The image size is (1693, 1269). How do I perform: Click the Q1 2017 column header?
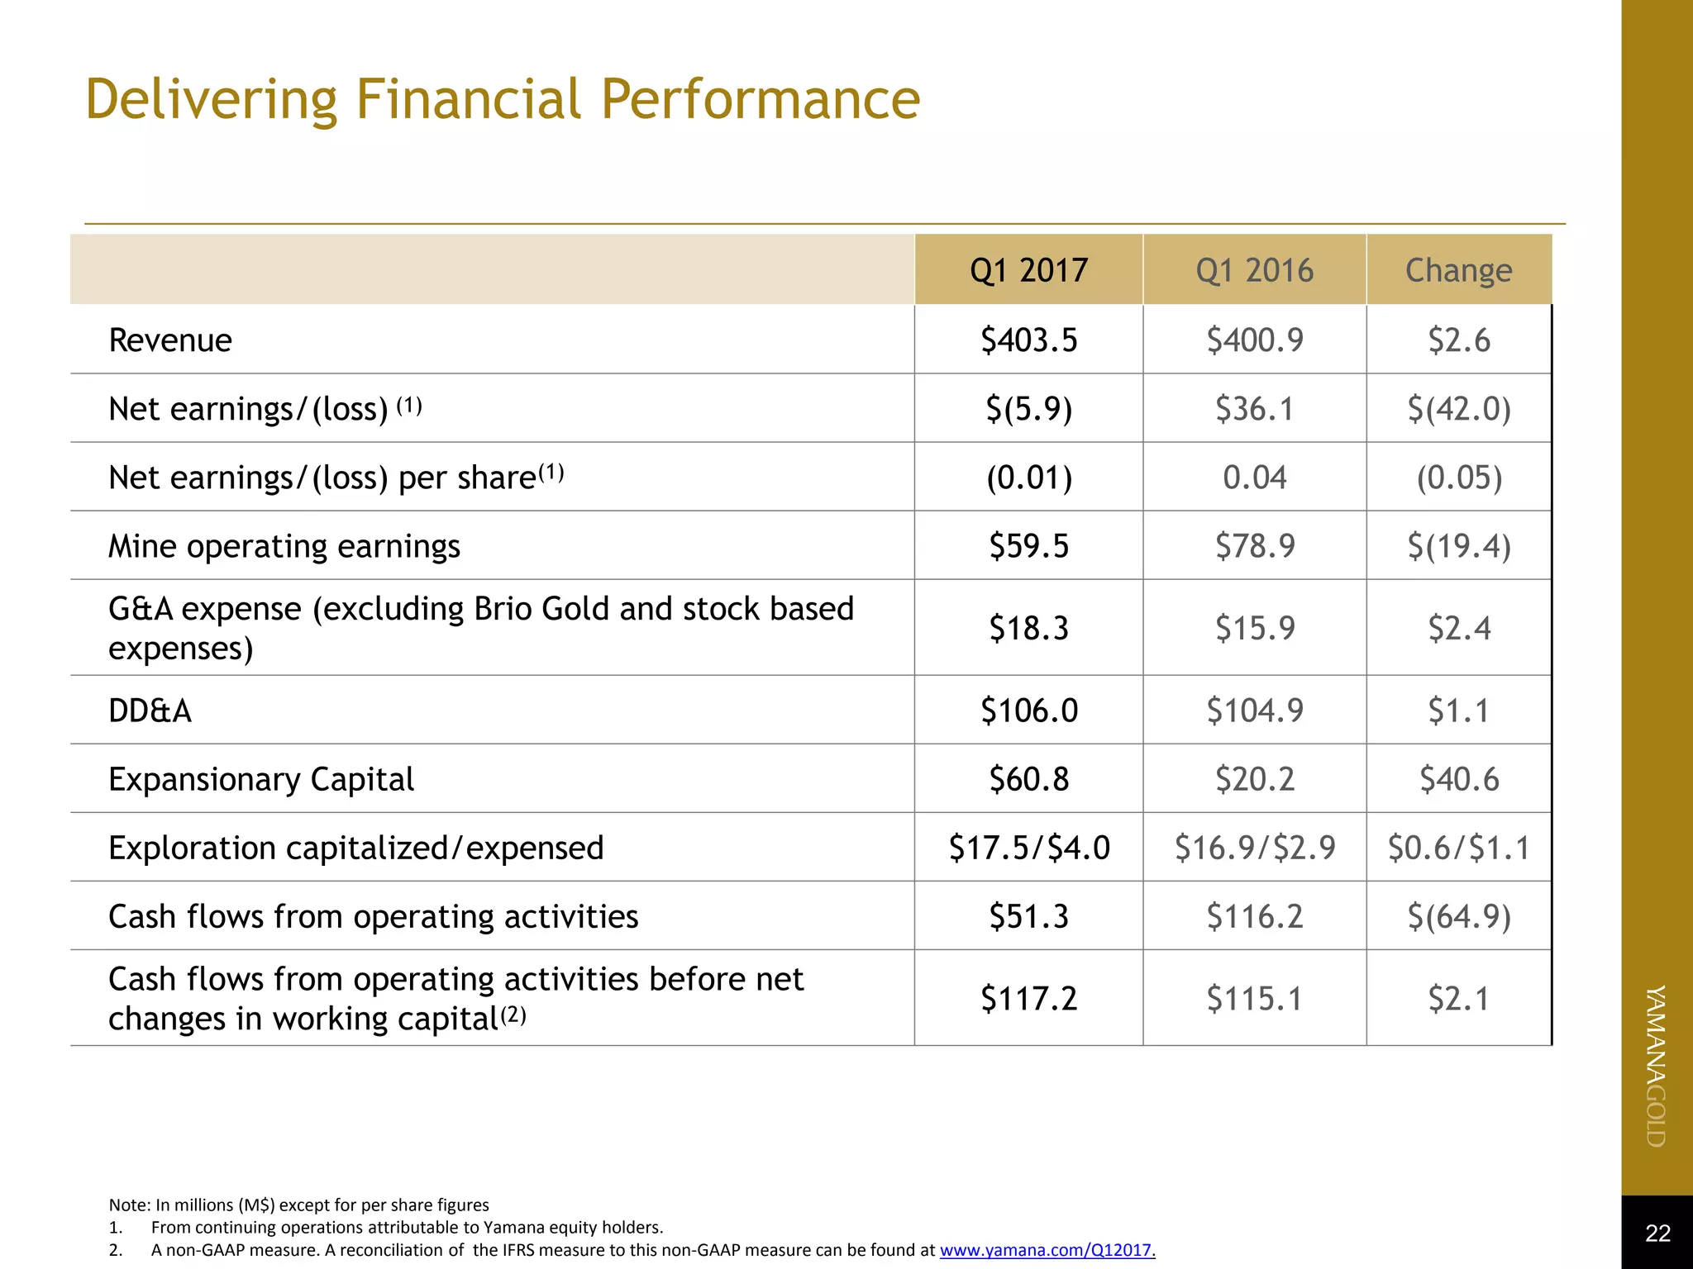click(1028, 270)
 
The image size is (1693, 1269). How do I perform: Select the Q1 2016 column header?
click(1254, 270)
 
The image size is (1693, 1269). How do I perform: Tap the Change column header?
click(1458, 270)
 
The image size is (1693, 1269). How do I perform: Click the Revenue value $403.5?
click(1028, 340)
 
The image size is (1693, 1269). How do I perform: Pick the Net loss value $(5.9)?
click(1028, 408)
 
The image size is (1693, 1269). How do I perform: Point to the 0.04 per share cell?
click(1254, 477)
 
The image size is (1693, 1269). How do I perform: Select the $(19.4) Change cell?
click(1458, 545)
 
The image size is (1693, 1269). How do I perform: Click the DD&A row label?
click(150, 711)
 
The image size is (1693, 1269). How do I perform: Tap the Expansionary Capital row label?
click(261, 779)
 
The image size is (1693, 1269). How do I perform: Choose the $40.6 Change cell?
click(1458, 779)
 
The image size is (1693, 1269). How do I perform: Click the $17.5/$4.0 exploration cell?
click(1028, 848)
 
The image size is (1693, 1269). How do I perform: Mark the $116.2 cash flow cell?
click(1254, 916)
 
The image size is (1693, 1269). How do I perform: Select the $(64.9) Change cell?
click(1458, 916)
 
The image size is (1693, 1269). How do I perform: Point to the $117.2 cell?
click(1028, 998)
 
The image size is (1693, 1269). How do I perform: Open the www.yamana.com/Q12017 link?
click(1046, 1250)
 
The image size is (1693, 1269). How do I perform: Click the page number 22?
click(1657, 1233)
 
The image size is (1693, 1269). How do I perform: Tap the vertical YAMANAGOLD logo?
click(1656, 1066)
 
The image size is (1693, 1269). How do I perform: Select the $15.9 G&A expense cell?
click(1254, 628)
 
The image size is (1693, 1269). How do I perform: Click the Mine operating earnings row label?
click(284, 546)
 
